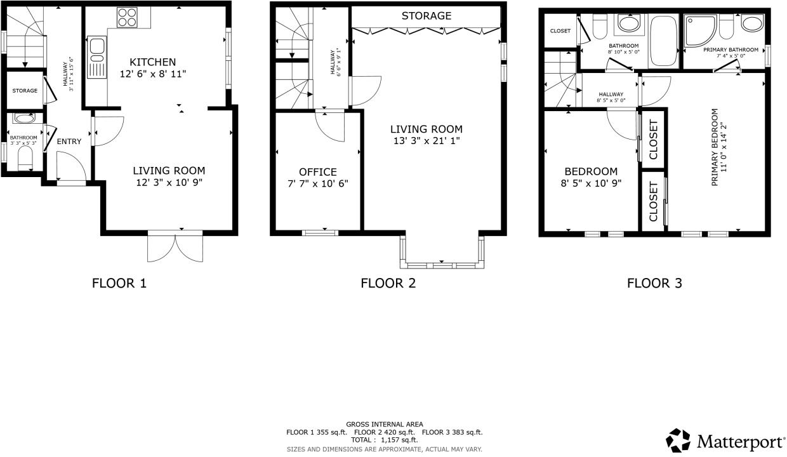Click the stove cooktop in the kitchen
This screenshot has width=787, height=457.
127,18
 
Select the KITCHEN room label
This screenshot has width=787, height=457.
153,62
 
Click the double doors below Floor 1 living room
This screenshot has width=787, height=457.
176,247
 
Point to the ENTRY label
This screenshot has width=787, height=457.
69,142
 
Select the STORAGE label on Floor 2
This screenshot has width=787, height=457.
427,16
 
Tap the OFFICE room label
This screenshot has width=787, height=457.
318,172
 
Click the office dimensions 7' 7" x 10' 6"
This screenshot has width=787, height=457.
318,184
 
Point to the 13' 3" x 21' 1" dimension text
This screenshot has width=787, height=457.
427,141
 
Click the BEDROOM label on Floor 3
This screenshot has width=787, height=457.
591,171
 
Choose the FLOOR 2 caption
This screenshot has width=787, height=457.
388,284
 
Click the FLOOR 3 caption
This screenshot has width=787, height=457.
654,284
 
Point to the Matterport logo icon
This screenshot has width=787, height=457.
678,440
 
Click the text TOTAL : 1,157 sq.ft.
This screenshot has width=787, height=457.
385,439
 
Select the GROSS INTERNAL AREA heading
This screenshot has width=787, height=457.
385,424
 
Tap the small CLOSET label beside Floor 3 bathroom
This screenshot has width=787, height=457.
560,31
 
